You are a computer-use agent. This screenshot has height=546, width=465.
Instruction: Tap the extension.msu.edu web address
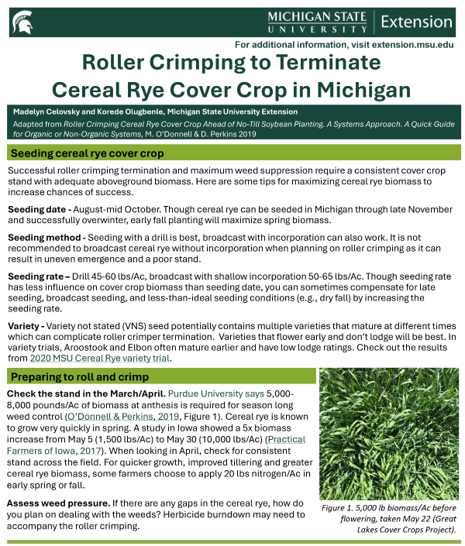401,45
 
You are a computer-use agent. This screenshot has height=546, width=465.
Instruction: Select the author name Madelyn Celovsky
47,112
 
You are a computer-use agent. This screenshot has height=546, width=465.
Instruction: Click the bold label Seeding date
36,209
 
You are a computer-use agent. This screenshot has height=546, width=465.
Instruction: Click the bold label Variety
24,326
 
